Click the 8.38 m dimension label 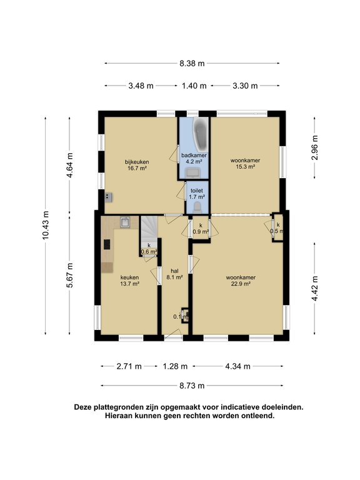pos(192,63)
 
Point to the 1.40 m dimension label pos(194,86)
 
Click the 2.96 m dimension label pos(315,148)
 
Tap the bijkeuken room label pos(136,164)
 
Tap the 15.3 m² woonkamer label pos(244,164)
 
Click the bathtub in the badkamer pos(200,131)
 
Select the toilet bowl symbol pos(197,206)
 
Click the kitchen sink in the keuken pos(126,222)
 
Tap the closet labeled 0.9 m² pos(200,229)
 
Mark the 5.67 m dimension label pos(70,275)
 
